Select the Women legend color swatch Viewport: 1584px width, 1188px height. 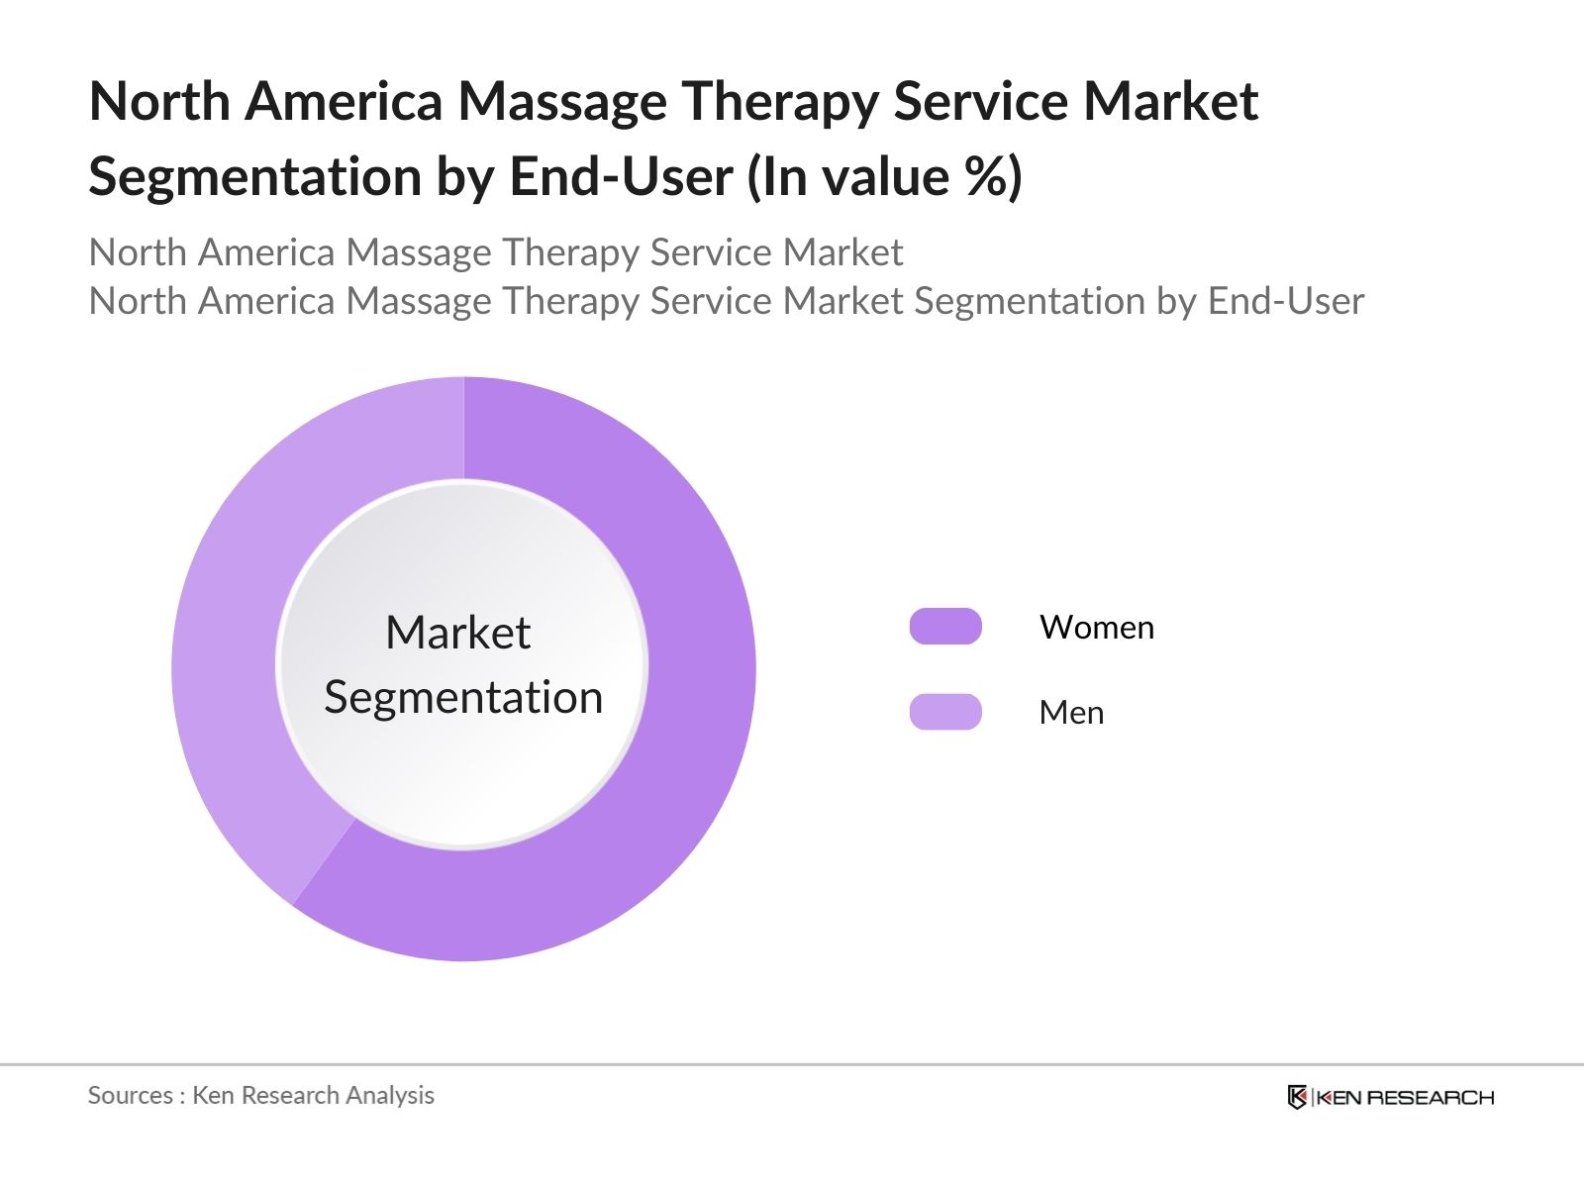click(945, 627)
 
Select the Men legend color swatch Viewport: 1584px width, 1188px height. click(945, 712)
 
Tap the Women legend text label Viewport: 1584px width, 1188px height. click(1096, 628)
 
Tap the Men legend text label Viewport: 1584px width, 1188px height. click(1070, 713)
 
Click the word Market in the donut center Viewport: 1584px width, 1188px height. click(457, 633)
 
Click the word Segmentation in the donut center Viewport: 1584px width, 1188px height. click(463, 697)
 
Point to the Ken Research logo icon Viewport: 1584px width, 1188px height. click(1297, 1097)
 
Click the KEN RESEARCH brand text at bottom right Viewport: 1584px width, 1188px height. click(1404, 1097)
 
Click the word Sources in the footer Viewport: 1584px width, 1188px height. click(130, 1095)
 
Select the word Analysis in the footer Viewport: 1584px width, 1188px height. click(390, 1095)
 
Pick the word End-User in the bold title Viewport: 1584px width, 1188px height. click(621, 177)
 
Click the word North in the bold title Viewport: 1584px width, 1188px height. click(159, 102)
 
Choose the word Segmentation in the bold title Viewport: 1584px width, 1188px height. click(254, 177)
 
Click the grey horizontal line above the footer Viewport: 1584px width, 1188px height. click(792, 1065)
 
